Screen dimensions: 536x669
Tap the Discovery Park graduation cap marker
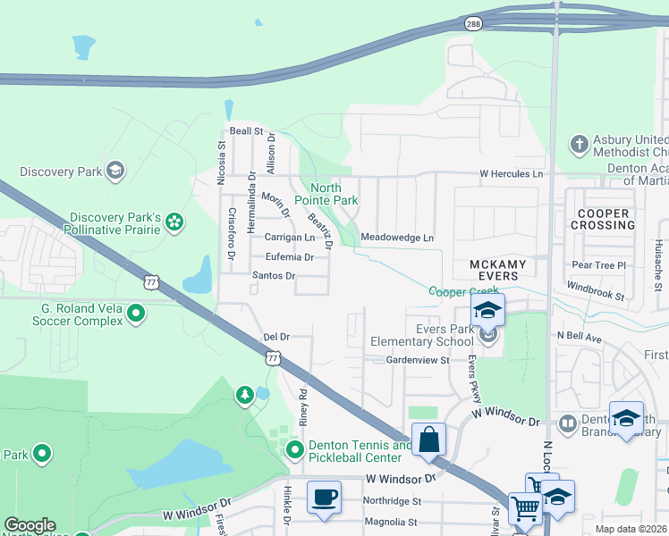[114, 171]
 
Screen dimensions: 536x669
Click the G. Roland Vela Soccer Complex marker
[136, 313]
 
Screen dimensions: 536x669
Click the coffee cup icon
[323, 497]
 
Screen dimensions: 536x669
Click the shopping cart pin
[525, 507]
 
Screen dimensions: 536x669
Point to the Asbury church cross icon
[579, 143]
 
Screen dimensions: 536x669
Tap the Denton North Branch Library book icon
[567, 422]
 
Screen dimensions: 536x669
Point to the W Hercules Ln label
[511, 173]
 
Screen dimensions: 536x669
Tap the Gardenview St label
[417, 359]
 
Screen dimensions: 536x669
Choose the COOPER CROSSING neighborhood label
[605, 219]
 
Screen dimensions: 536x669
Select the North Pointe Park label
[334, 194]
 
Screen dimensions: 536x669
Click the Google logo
[30, 524]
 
